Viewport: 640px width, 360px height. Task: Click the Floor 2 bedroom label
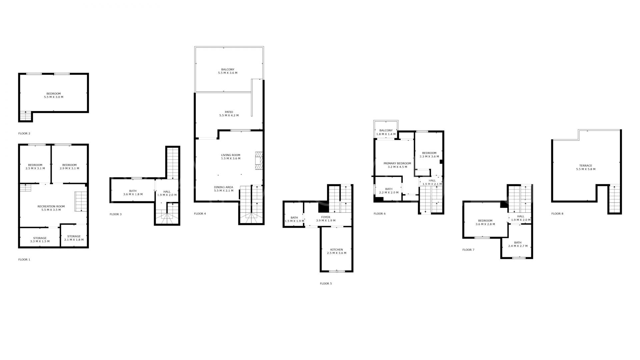[x=53, y=95]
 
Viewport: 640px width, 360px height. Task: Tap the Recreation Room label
[x=51, y=208]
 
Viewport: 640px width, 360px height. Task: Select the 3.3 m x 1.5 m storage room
[x=40, y=240]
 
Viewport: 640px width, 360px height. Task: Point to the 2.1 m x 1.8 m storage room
[x=74, y=238]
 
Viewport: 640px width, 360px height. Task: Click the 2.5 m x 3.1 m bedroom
[x=35, y=167]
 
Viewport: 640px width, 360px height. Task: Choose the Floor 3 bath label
[x=133, y=193]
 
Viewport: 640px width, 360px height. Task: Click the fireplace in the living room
[x=259, y=161]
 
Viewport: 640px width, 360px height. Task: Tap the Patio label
[x=229, y=114]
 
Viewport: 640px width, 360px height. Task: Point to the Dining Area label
[x=223, y=189]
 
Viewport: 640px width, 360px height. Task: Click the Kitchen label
[x=336, y=251]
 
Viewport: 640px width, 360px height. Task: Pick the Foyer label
[x=325, y=219]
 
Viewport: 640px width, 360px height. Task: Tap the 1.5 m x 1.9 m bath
[x=294, y=219]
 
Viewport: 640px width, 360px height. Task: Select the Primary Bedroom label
[x=397, y=165]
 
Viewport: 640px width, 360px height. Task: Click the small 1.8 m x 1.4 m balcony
[x=386, y=132]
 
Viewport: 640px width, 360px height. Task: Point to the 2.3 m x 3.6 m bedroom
[x=429, y=155]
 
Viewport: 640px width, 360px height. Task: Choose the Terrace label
[x=585, y=167]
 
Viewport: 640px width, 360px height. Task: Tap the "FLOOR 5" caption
[x=326, y=284]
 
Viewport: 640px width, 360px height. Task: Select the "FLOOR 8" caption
[x=557, y=214]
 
